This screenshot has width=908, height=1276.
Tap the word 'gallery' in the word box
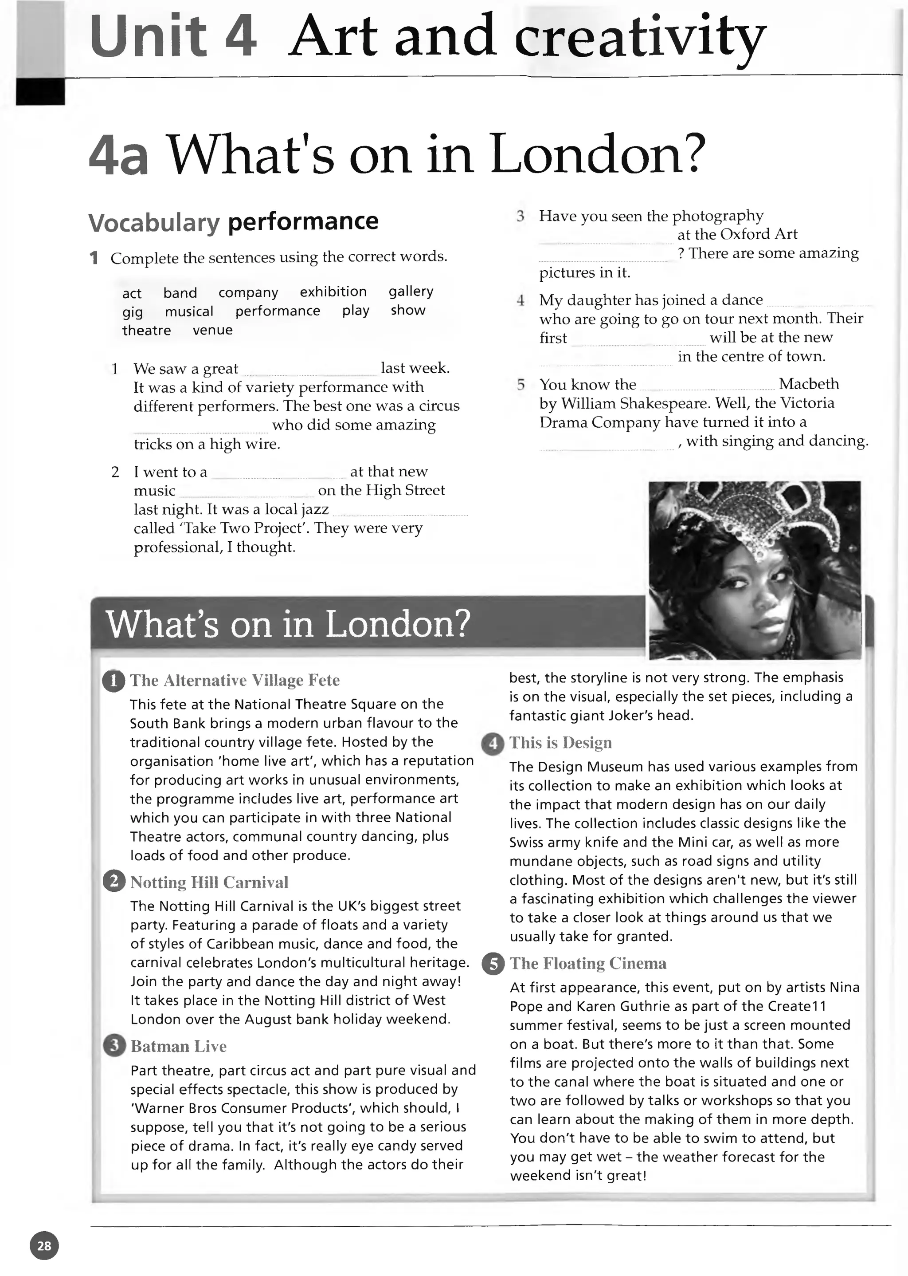(411, 291)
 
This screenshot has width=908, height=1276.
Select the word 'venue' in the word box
(212, 330)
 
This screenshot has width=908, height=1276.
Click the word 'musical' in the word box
(189, 311)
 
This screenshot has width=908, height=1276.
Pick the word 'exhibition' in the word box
(333, 291)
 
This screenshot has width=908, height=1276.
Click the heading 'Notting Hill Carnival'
(209, 882)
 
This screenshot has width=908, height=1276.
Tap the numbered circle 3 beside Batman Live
(114, 1046)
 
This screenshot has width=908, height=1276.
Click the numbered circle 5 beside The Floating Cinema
(493, 963)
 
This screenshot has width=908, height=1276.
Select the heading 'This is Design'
(560, 742)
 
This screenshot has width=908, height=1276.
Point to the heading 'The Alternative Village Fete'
(235, 680)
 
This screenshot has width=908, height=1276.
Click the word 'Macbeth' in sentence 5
(809, 384)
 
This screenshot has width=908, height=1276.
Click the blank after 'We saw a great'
(311, 370)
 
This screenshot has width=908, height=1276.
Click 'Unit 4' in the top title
(173, 36)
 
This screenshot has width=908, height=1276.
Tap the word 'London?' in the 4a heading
(595, 154)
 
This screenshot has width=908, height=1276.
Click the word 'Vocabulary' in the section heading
(154, 223)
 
